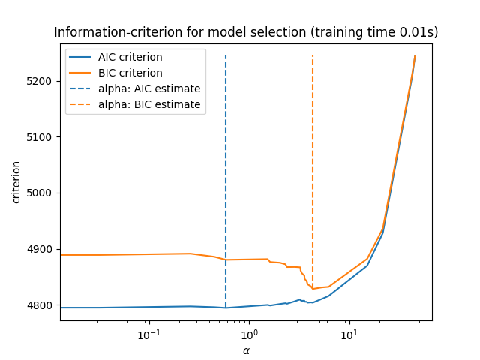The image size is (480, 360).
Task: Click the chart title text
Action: click(246, 33)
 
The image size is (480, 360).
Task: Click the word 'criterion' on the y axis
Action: click(16, 181)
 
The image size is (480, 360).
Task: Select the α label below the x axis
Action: click(246, 350)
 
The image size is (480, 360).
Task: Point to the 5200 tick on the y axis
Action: click(42, 81)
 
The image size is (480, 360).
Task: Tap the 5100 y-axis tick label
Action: click(42, 137)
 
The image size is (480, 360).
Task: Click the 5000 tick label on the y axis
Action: click(42, 193)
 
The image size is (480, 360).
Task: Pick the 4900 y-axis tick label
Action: click(42, 249)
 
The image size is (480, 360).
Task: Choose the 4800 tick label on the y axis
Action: click(42, 305)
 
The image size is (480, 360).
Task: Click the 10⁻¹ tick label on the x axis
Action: click(149, 334)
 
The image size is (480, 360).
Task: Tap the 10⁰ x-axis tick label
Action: click(249, 334)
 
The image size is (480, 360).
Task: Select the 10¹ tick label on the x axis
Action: click(349, 334)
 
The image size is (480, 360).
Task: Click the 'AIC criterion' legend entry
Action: click(130, 58)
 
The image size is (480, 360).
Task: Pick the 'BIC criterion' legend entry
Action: click(130, 73)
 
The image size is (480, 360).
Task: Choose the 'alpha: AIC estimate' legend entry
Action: click(149, 88)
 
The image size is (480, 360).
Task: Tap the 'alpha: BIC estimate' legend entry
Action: click(149, 104)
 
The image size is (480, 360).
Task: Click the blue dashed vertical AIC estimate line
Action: click(226, 187)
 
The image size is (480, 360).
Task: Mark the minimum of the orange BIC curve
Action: click(313, 289)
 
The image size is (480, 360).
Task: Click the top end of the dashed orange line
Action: click(313, 56)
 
